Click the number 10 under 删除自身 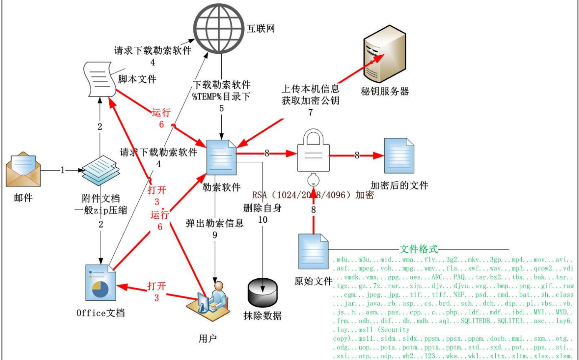pyautogui.click(x=263, y=220)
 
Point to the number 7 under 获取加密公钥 pyautogui.click(x=310, y=112)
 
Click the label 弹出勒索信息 pyautogui.click(x=215, y=223)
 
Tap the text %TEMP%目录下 pyautogui.click(x=221, y=96)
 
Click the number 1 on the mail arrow pyautogui.click(x=63, y=170)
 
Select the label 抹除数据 pyautogui.click(x=262, y=315)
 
